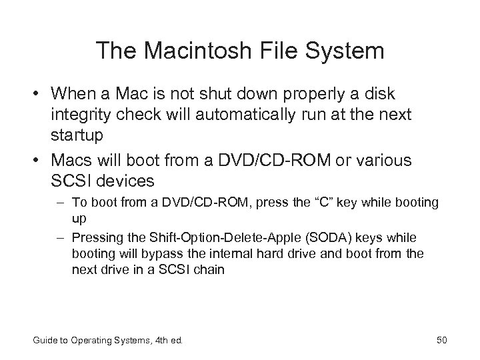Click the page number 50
[441, 341]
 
